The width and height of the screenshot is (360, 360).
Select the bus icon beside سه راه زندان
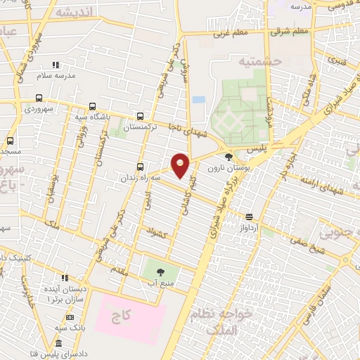(x=141, y=167)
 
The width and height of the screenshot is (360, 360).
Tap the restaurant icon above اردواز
(x=249, y=217)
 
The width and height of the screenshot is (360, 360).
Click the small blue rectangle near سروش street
(x=199, y=100)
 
